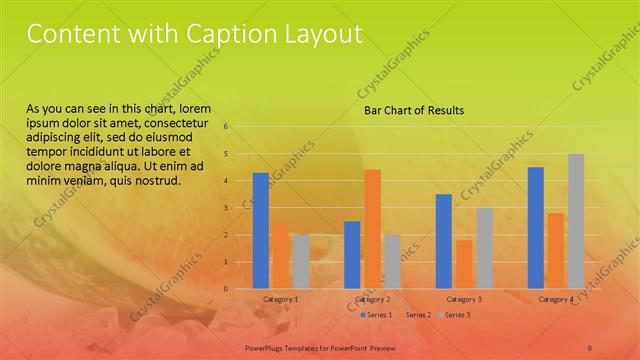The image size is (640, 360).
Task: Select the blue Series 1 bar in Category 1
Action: [x=260, y=230]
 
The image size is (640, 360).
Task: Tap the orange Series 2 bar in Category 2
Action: [x=372, y=228]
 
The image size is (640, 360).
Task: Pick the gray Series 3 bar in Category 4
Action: [x=576, y=221]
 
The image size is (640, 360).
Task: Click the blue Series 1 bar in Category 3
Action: [x=444, y=241]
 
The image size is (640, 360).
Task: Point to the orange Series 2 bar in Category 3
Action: [x=464, y=264]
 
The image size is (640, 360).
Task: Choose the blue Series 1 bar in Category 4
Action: [x=536, y=227]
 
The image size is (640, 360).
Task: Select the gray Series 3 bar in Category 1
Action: [x=301, y=261]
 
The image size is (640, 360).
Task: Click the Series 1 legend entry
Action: [x=376, y=315]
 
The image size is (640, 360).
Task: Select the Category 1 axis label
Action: [x=280, y=299]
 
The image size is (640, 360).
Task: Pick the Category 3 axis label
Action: [x=464, y=299]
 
